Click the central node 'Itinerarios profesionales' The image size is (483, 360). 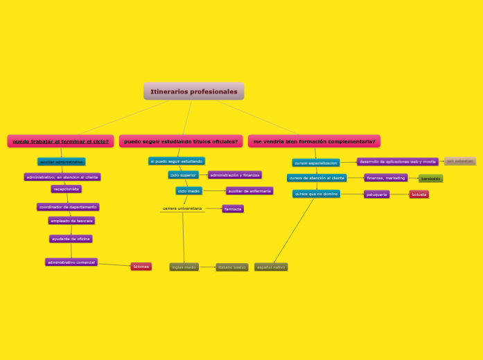[194, 91]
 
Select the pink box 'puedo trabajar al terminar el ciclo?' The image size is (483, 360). [61, 141]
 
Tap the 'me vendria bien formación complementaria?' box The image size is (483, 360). [314, 141]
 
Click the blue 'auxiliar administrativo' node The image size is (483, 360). [61, 162]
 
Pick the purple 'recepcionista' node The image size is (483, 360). [67, 189]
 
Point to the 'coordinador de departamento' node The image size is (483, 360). [68, 207]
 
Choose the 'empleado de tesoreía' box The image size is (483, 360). [71, 221]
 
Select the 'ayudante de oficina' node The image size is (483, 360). [71, 239]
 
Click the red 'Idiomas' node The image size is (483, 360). [141, 267]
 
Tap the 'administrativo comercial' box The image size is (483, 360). [71, 262]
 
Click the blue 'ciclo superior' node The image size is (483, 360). [183, 175]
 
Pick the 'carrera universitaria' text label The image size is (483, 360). [182, 208]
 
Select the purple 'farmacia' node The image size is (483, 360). [233, 209]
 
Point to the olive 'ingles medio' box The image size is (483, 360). [184, 267]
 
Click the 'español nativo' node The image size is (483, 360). [270, 267]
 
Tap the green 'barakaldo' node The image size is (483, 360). [430, 179]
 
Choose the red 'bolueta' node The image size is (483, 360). [419, 195]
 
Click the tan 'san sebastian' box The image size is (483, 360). [459, 161]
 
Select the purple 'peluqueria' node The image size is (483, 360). [376, 195]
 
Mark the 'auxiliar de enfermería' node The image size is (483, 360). [249, 191]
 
